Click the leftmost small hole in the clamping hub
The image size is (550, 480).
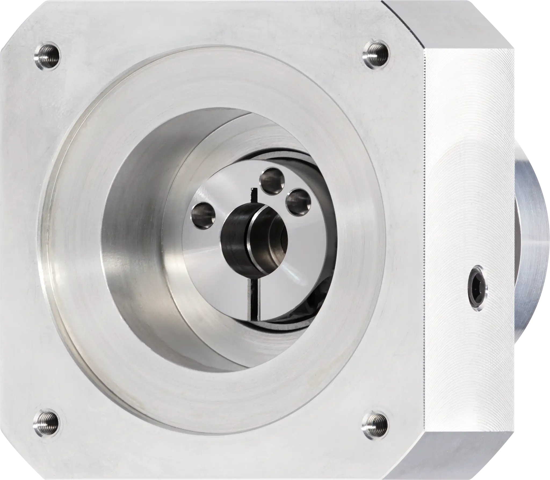[x=203, y=216]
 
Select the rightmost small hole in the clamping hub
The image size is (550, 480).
[x=298, y=202]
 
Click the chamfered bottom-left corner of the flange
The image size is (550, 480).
[x=13, y=454]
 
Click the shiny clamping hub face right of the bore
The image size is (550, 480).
[x=309, y=242]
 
